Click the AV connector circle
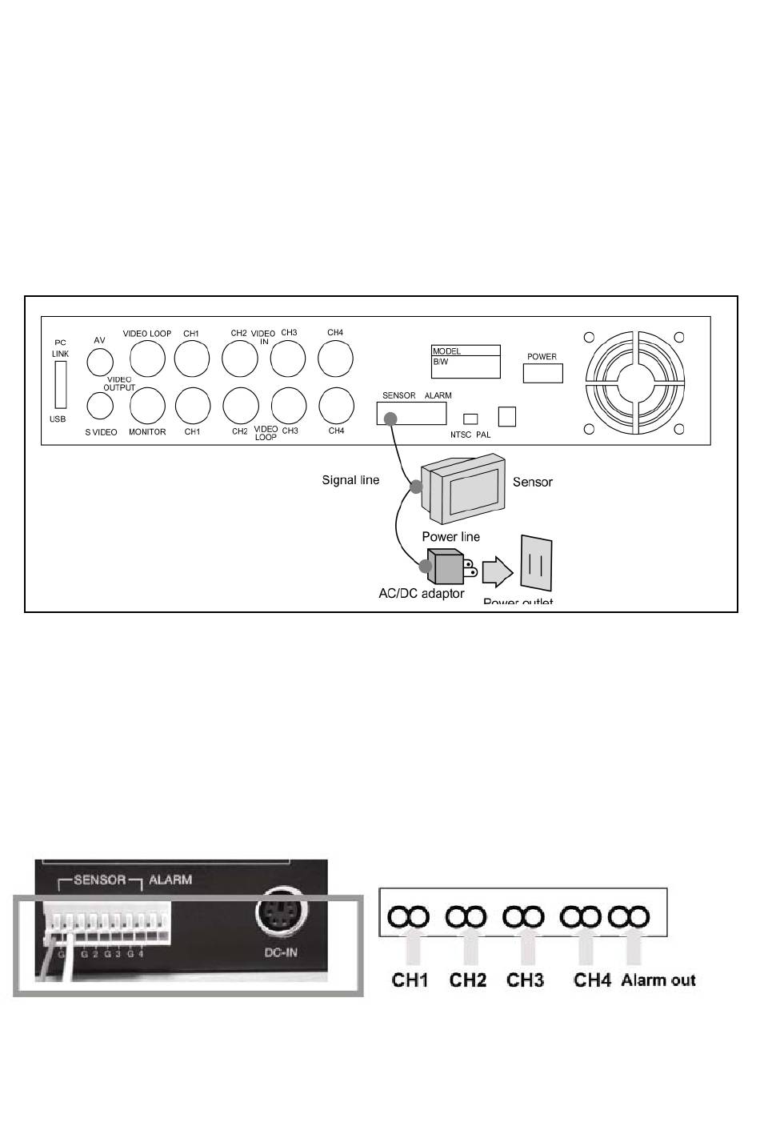tap(99, 362)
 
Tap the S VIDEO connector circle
tap(99, 406)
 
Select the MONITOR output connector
tap(147, 406)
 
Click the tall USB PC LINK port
tap(60, 386)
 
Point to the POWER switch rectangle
tap(542, 373)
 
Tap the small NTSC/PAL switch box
tap(471, 419)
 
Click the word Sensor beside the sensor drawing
tap(532, 482)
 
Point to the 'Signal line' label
tap(350, 480)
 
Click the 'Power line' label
tap(450, 536)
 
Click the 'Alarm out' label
tap(658, 980)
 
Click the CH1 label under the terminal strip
tap(410, 980)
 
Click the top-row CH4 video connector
tap(336, 359)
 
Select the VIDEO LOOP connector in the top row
tap(147, 359)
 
